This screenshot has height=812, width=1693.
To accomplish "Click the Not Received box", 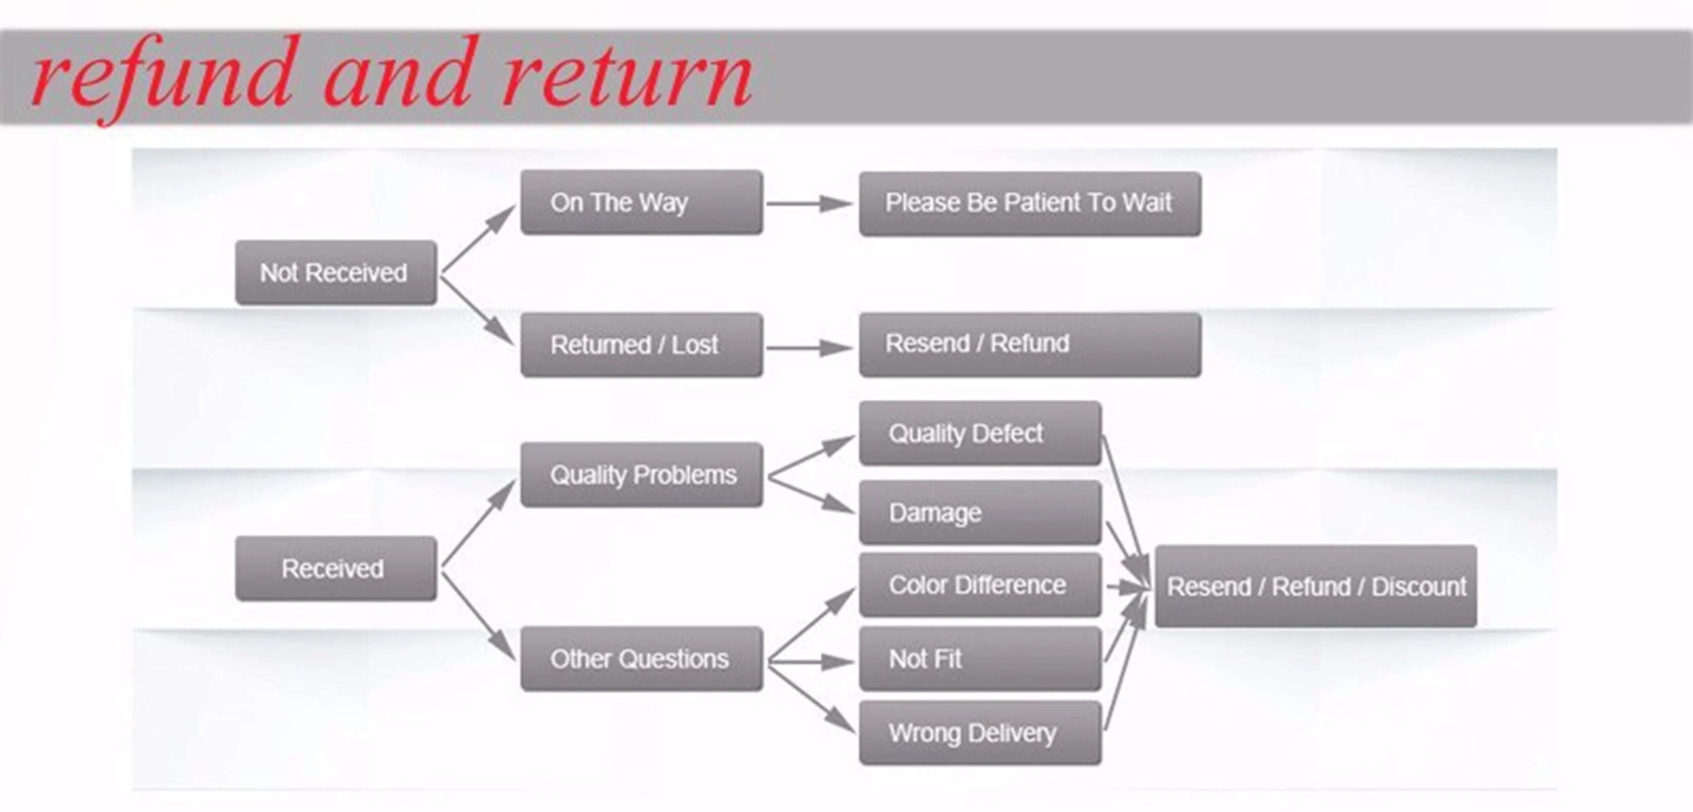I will point(336,273).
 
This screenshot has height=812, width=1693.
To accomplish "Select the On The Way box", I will point(641,202).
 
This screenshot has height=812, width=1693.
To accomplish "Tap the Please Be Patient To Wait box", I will point(1030,204).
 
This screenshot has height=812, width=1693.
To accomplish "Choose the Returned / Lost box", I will point(641,345).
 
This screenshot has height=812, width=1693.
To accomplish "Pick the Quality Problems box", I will point(641,474).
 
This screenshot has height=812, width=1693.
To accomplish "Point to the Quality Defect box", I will point(980,434).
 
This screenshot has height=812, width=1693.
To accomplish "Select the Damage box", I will point(980,512).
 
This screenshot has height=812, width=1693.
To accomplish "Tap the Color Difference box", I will point(980,585).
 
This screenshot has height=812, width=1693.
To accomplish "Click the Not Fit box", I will point(980,659).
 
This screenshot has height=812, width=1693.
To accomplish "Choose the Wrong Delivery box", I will point(980,732).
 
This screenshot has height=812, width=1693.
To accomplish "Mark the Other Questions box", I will point(641,659).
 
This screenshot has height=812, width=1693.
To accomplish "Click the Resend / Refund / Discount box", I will point(1316,586).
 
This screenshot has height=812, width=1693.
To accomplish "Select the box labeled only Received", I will point(336,568).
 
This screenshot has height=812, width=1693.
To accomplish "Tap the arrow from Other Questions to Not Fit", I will point(811,661).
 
